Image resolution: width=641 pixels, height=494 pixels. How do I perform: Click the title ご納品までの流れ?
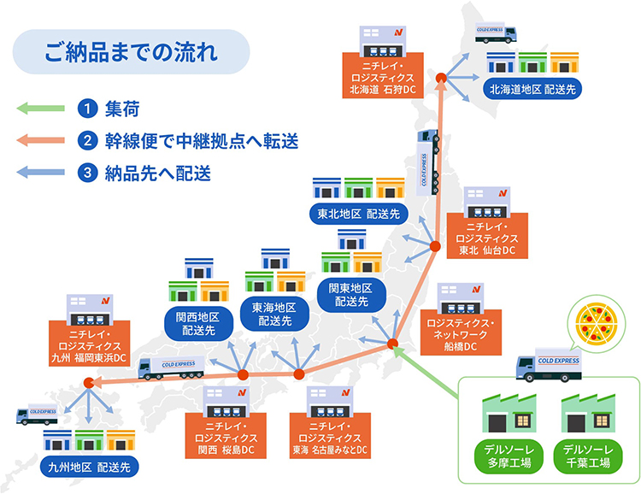click(x=132, y=51)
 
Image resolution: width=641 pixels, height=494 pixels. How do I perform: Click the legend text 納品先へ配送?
click(x=158, y=173)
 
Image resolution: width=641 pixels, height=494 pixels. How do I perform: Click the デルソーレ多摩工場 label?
click(x=502, y=456)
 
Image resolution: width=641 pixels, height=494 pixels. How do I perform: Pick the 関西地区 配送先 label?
click(x=197, y=323)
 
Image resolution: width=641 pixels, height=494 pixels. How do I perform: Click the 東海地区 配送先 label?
click(x=274, y=315)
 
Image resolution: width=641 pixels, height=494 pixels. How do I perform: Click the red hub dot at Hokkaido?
click(x=441, y=79)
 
